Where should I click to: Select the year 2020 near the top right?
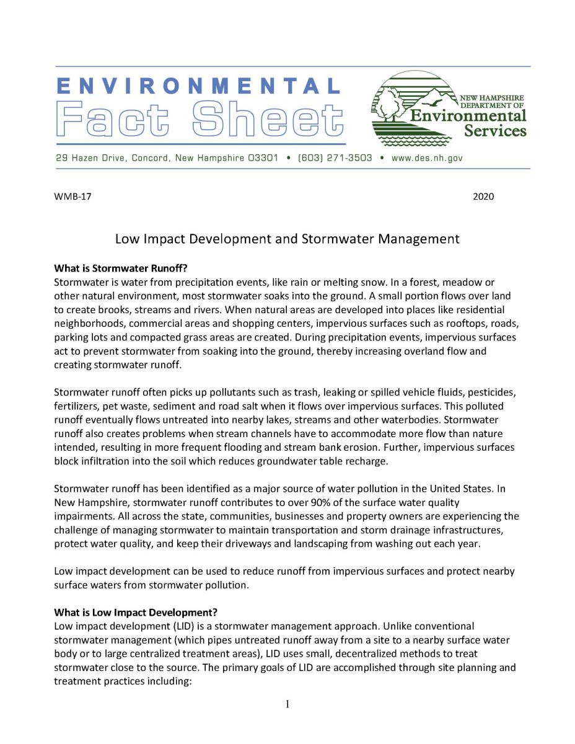(483, 197)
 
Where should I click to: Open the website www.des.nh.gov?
(427, 158)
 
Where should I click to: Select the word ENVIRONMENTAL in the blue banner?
(198, 85)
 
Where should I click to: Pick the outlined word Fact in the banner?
(117, 120)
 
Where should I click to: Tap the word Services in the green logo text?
(496, 130)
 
